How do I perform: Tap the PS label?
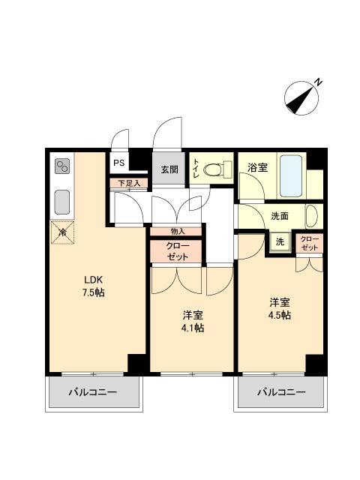(118, 163)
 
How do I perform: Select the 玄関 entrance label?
(169, 169)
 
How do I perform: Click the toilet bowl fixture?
(216, 169)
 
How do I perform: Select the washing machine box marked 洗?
(280, 242)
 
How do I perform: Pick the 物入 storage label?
(177, 232)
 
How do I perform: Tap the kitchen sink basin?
(61, 202)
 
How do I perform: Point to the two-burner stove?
(61, 166)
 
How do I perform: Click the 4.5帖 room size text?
(280, 315)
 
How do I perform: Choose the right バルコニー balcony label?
(281, 392)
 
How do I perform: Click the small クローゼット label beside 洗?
(310, 242)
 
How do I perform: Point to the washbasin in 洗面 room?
(311, 216)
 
